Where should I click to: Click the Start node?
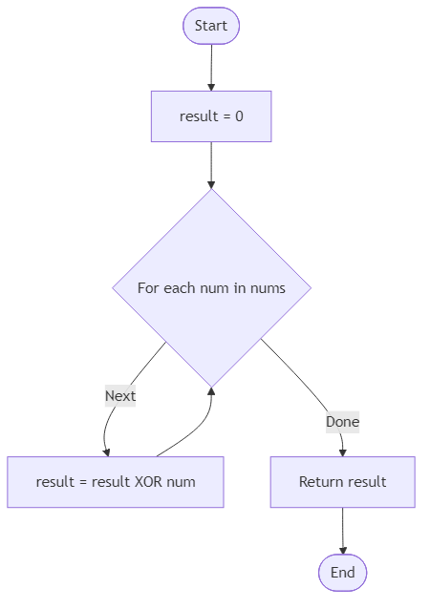pos(211,26)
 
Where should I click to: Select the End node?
pos(342,573)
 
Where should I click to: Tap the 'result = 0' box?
pos(211,116)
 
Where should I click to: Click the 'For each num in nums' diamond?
pos(211,287)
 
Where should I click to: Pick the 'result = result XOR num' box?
pos(116,481)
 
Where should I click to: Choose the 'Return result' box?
pos(342,481)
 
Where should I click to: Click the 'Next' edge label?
pos(120,395)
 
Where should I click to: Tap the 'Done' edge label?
pos(342,421)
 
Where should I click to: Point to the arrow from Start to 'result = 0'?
pos(211,67)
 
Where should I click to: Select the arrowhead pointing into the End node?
pos(342,549)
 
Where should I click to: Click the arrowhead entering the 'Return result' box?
pos(342,451)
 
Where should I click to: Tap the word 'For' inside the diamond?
pos(149,287)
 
